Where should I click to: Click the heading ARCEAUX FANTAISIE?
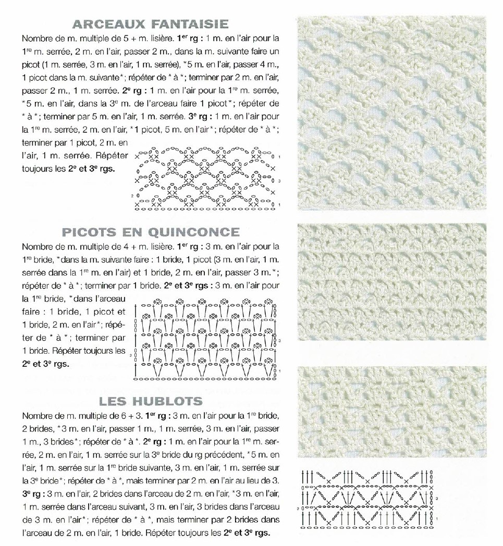[151, 23]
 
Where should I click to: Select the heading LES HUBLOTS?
[151, 401]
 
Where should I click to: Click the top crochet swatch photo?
[391, 114]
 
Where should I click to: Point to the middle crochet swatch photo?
[391, 281]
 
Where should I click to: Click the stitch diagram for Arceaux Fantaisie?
[206, 181]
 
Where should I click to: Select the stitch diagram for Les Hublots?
[368, 499]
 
